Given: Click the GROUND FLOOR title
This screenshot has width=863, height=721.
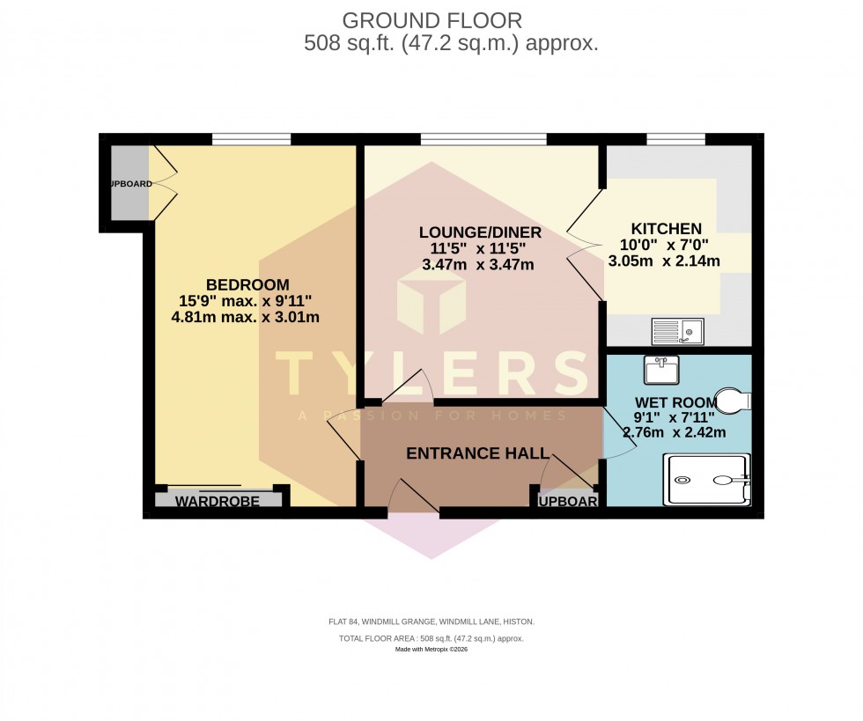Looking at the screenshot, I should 431,19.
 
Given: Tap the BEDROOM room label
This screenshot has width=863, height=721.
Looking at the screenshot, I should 247,284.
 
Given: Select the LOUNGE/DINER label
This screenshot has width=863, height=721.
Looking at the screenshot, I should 479,232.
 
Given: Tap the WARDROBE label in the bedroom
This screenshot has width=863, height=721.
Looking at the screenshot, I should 218,501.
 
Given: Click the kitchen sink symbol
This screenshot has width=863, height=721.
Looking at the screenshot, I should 677,332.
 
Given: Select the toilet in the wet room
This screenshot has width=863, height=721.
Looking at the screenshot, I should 732,401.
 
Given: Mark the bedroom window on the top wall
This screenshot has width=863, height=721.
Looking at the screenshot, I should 251,138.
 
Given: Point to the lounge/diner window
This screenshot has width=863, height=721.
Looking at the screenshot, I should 483,138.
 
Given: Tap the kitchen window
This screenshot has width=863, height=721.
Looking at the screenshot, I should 675,138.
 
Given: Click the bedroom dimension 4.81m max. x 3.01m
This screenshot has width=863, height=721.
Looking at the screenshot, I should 246,317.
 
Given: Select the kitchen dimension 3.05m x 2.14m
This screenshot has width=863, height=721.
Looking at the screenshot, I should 665,261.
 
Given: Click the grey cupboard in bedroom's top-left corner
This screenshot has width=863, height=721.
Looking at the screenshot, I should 129,184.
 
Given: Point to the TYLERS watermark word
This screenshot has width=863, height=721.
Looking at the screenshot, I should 431,372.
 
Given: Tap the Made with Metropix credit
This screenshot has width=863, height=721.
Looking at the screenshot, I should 431,649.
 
